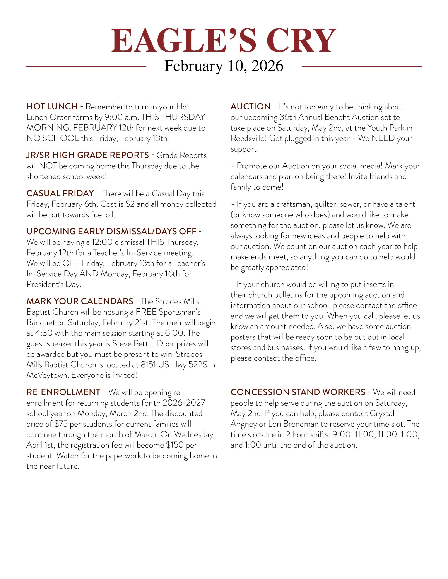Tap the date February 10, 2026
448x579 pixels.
[x=224, y=66]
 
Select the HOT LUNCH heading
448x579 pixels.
[x=52, y=107]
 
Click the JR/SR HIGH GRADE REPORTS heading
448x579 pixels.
[x=87, y=155]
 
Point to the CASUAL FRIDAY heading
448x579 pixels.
[x=60, y=193]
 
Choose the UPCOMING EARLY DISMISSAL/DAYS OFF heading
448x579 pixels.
[x=111, y=231]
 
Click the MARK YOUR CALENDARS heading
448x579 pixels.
[x=80, y=301]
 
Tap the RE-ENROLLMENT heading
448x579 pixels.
[x=63, y=392]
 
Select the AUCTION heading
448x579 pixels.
[x=250, y=107]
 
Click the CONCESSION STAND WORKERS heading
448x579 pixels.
[x=298, y=392]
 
